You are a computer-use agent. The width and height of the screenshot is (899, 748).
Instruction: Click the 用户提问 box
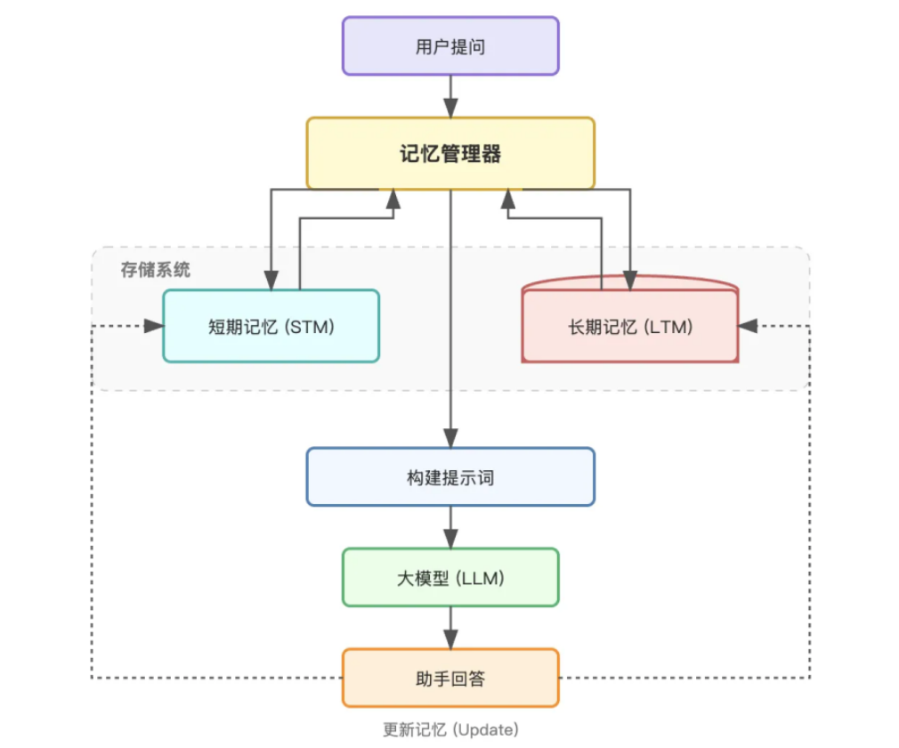click(x=450, y=46)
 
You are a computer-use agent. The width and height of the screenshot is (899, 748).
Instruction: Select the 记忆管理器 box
click(x=450, y=153)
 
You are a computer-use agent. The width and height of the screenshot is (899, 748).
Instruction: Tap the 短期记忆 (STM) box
click(x=271, y=326)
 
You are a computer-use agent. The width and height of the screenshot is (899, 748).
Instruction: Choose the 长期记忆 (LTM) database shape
click(x=630, y=326)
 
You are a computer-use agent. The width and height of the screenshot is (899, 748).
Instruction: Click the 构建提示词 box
click(x=450, y=477)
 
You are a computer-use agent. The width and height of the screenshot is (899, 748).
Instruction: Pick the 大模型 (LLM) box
click(x=450, y=578)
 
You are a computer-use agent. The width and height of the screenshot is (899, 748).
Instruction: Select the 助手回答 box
click(x=450, y=679)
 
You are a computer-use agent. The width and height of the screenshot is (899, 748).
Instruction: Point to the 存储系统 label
click(x=156, y=270)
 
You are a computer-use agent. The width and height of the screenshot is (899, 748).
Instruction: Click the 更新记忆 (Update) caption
click(x=450, y=730)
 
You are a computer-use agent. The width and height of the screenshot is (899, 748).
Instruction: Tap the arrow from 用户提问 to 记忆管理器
click(x=450, y=95)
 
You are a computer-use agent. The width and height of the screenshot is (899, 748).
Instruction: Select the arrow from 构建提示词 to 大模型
click(x=450, y=526)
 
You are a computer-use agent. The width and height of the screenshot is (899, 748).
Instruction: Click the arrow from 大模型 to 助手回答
click(x=450, y=627)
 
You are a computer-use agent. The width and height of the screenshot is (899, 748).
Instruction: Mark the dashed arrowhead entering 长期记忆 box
click(x=748, y=326)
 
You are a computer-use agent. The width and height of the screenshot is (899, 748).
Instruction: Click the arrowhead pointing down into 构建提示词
click(x=450, y=437)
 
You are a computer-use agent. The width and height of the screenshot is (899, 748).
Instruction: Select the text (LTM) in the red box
click(x=670, y=326)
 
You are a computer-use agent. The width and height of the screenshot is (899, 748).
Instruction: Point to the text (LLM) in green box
click(x=480, y=578)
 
